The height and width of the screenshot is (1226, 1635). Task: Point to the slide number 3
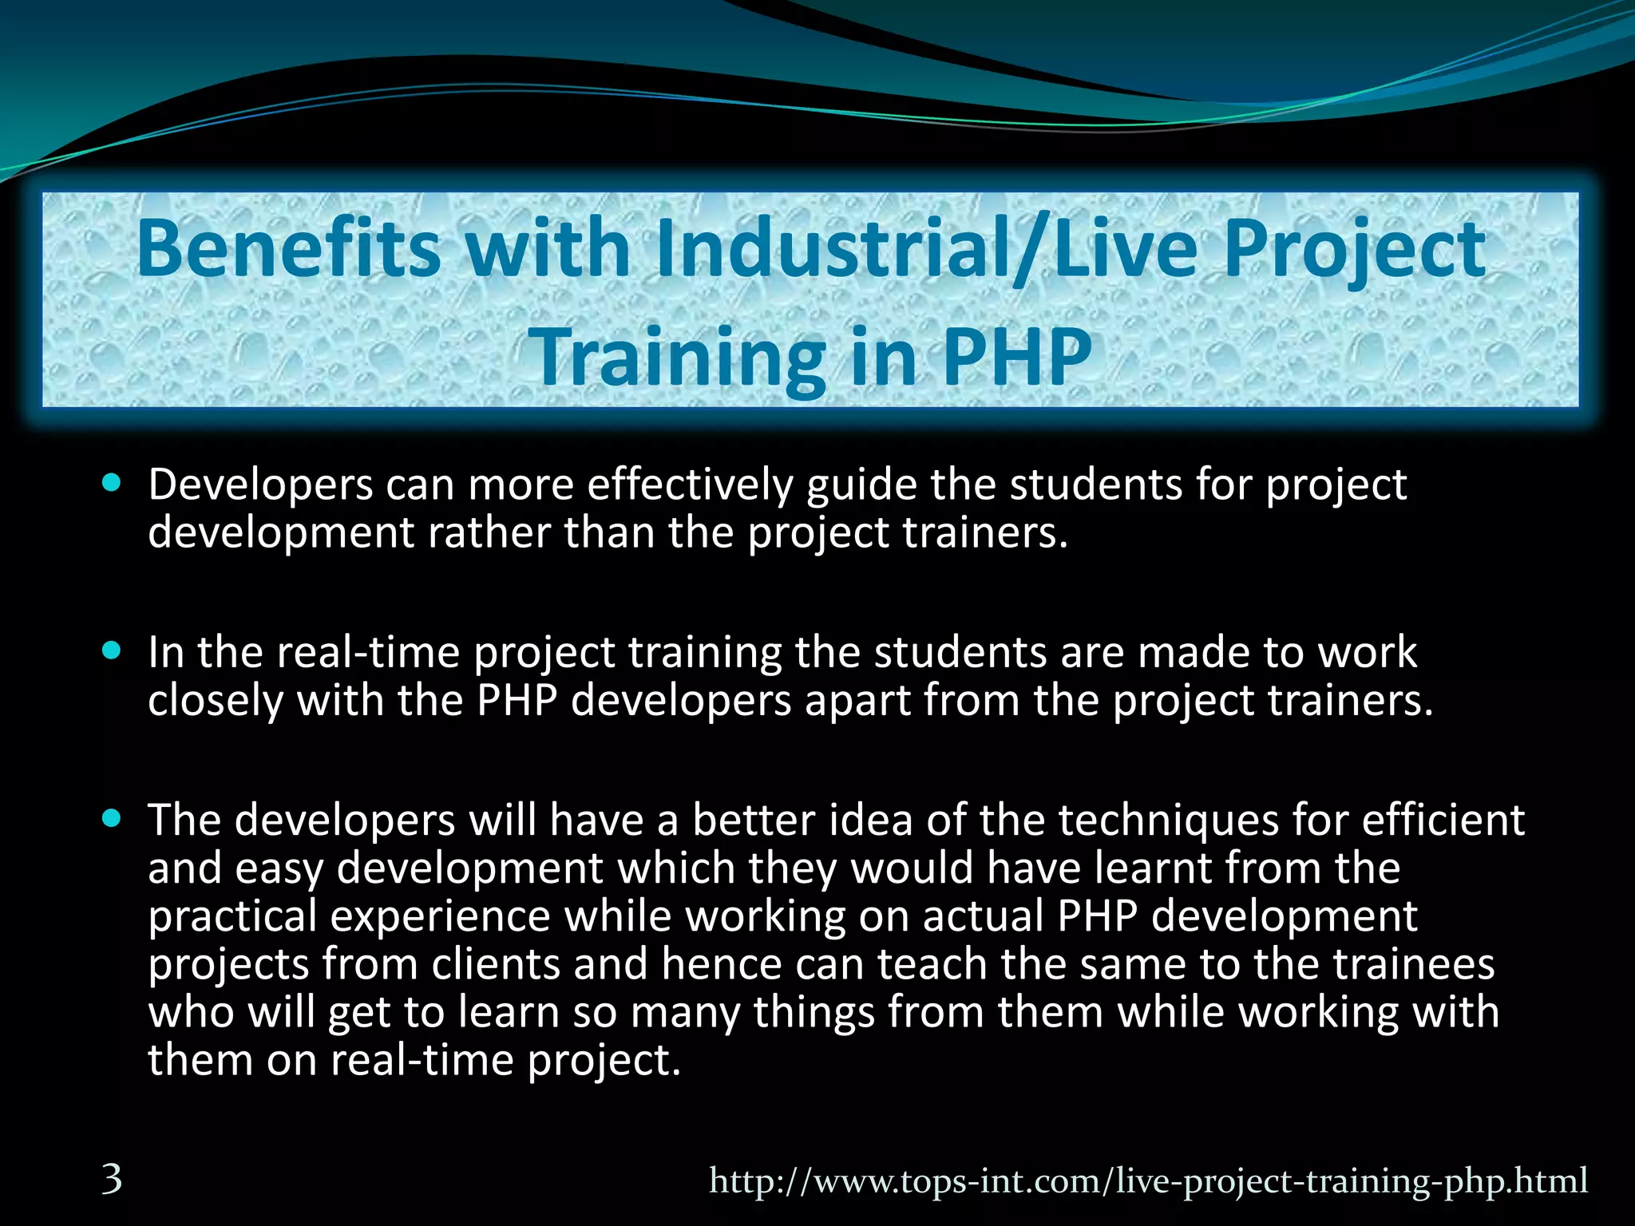coord(112,1179)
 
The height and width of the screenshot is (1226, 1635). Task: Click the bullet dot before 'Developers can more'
coord(112,483)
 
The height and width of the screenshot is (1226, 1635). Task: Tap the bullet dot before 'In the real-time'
coord(112,651)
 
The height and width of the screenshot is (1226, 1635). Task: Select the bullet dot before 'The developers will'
coord(112,818)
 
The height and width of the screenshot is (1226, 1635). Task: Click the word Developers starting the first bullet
coord(260,484)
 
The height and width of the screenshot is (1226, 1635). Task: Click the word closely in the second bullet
coord(216,702)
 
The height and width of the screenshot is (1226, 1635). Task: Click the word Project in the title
coord(1354,249)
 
